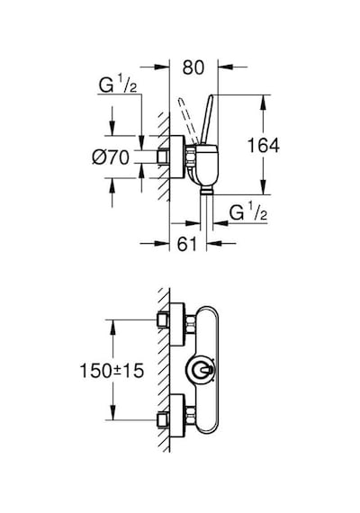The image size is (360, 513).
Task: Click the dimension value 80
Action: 193,67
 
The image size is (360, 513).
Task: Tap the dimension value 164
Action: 264,145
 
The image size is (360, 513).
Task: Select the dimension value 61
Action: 188,244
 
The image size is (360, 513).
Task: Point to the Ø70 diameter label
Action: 111,157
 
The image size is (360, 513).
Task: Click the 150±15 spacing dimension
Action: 112,371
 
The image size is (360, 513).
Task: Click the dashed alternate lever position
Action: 188,121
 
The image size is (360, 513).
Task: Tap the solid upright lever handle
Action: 207,120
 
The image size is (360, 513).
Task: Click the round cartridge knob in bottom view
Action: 200,371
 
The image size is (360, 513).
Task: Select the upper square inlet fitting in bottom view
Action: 163,319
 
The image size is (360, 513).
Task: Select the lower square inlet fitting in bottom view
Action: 163,419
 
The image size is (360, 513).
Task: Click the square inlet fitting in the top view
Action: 163,157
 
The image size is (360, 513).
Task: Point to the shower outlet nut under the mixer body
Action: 206,191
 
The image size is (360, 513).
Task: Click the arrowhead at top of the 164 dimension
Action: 264,103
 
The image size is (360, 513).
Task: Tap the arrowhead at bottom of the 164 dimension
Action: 264,187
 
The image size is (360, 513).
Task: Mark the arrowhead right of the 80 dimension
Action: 226,67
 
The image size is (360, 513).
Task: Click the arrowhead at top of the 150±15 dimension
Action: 112,328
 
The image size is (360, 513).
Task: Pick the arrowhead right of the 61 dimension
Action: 214,243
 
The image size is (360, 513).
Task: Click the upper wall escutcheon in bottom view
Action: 178,325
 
